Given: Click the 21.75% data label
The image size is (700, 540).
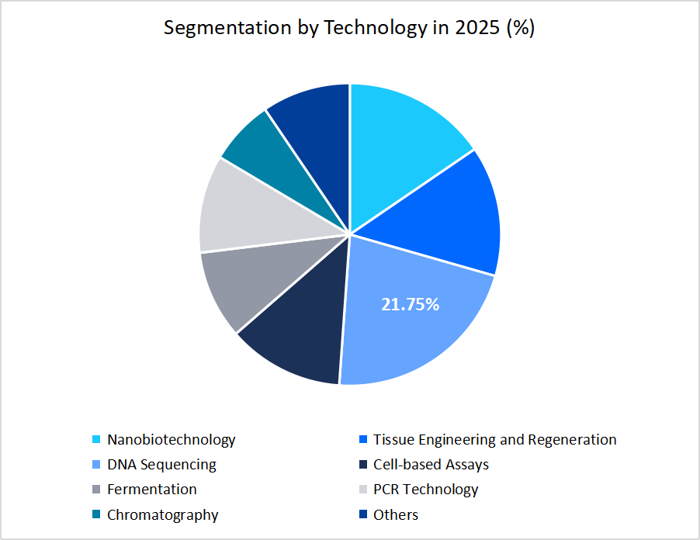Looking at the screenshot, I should (x=410, y=305).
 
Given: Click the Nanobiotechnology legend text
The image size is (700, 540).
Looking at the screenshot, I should (x=171, y=440).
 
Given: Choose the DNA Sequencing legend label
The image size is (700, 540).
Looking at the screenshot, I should (x=161, y=465).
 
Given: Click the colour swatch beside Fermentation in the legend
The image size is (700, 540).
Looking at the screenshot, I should (x=96, y=490).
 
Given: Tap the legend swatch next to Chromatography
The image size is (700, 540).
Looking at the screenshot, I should (x=96, y=515).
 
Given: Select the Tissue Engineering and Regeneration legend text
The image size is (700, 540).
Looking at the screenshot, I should (x=494, y=440).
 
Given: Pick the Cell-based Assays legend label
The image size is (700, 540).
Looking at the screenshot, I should (x=431, y=465).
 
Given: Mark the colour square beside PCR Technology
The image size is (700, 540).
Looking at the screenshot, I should (x=362, y=490).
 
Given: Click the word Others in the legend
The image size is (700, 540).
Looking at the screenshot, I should (x=395, y=515).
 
